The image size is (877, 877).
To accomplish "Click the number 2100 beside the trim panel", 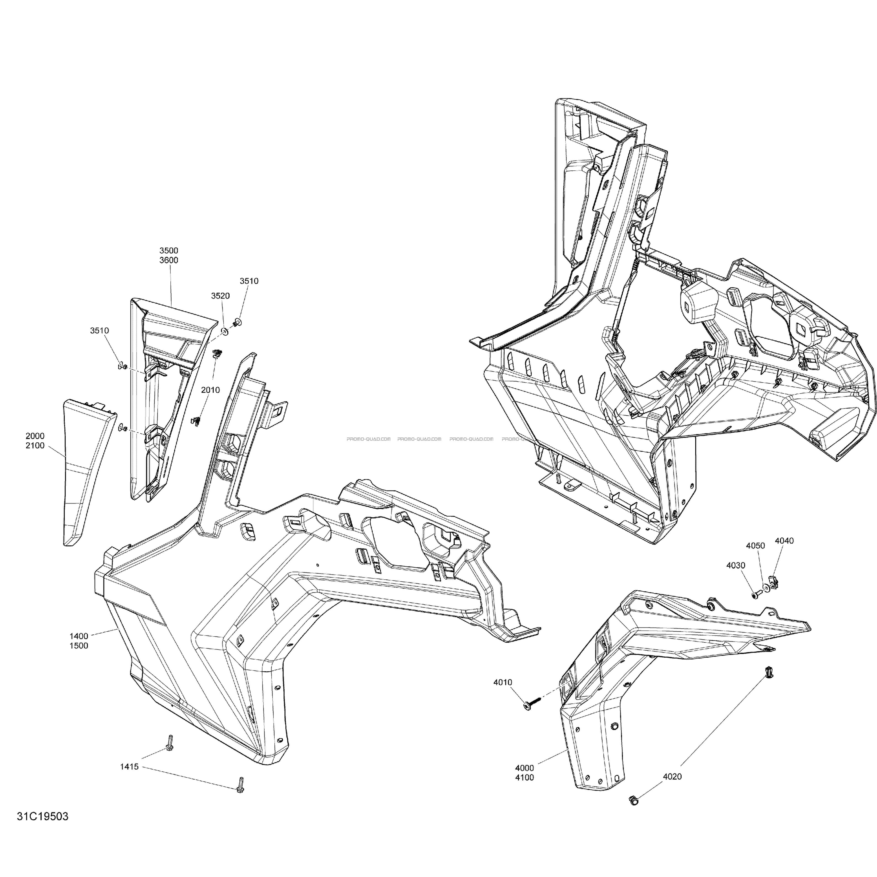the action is point(35,446).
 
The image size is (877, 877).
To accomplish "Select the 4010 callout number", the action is point(503,695).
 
